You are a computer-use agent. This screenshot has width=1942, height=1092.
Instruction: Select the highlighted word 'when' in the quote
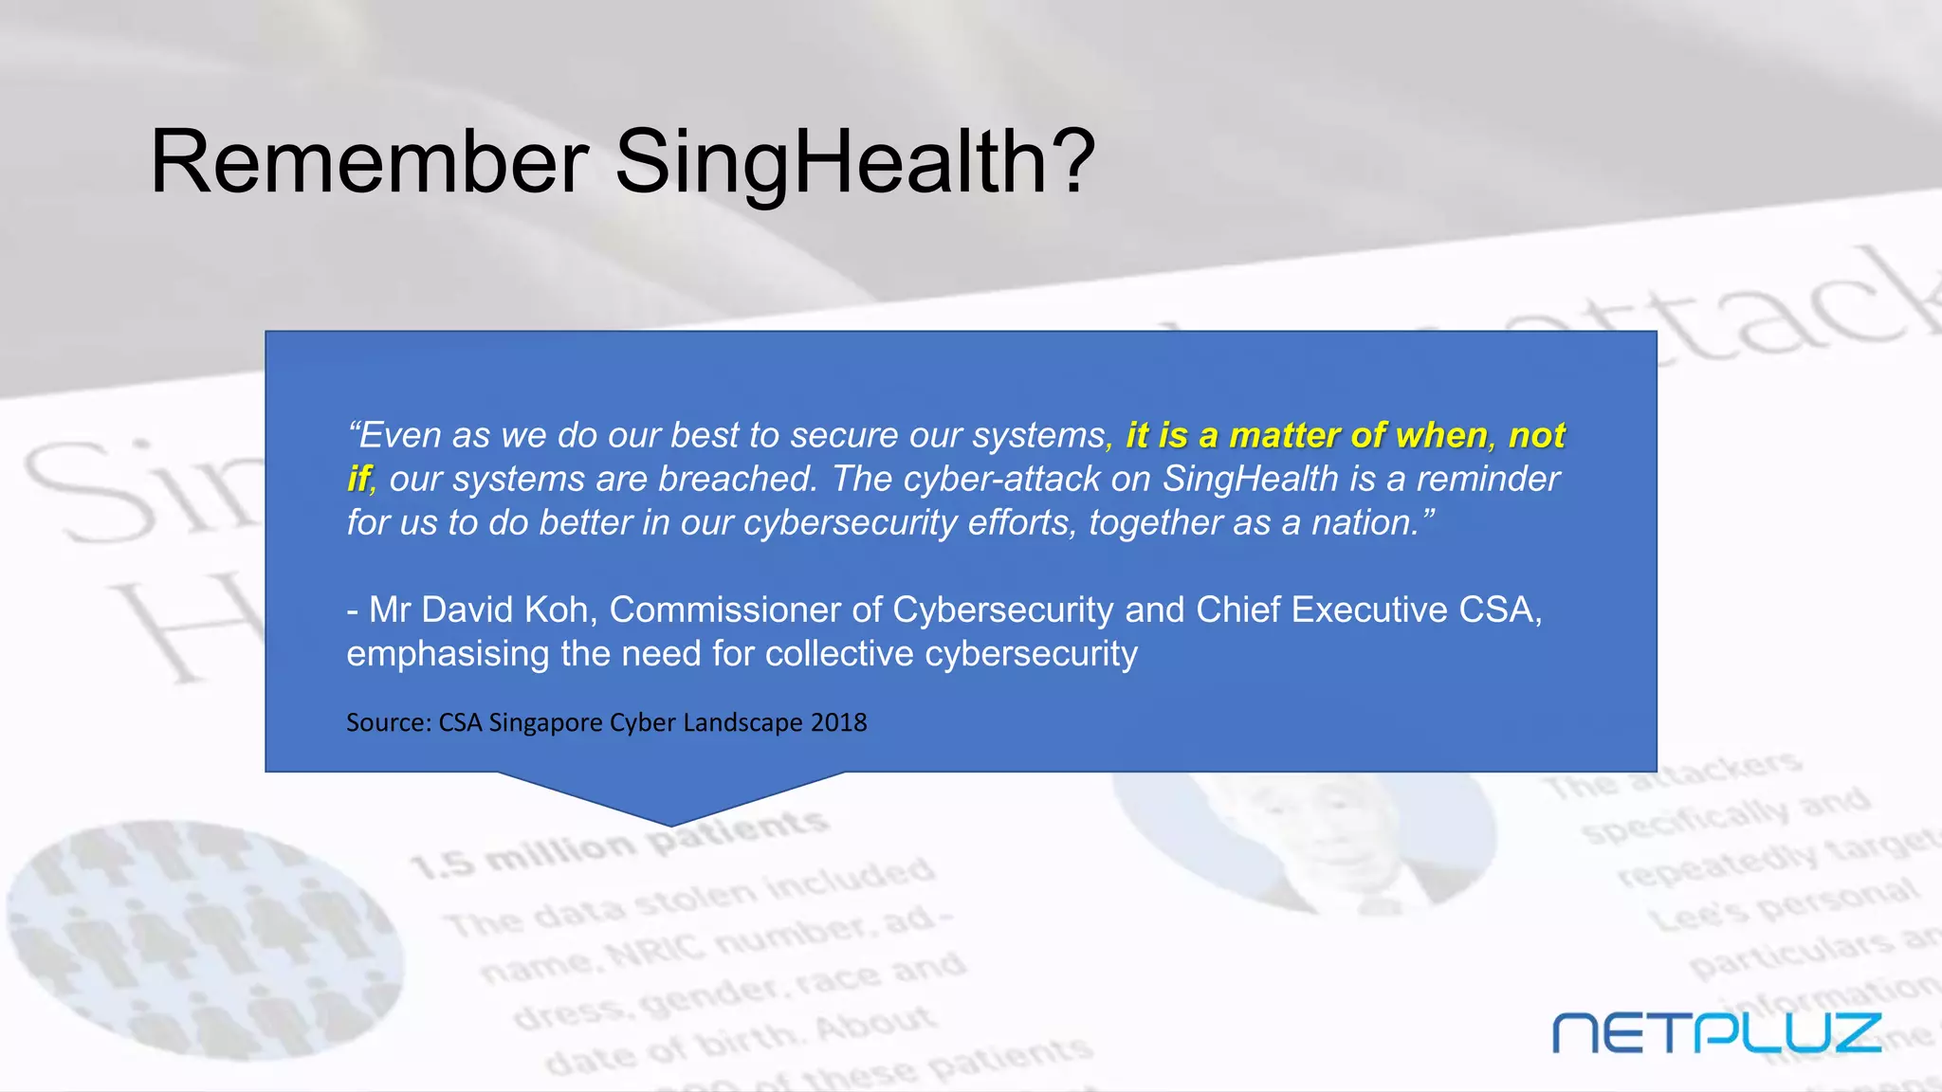click(x=1442, y=435)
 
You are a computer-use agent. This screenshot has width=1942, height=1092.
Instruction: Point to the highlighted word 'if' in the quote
click(x=358, y=479)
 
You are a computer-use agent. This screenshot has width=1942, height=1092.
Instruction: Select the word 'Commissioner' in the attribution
click(x=724, y=610)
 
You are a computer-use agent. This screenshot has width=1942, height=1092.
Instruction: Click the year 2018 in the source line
click(x=838, y=722)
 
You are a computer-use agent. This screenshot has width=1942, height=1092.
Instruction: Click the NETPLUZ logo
click(x=1716, y=1032)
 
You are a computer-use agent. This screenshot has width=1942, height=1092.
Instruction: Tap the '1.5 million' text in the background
click(x=522, y=853)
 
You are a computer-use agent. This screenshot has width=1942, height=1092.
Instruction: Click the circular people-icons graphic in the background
click(x=204, y=938)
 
